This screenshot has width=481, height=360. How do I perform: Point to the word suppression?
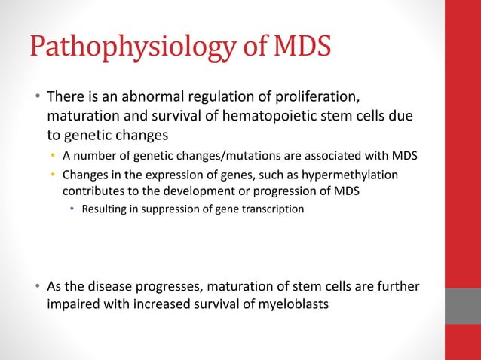pyautogui.click(x=173, y=209)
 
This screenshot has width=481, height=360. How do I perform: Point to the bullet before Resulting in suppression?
pyautogui.click(x=73, y=209)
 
